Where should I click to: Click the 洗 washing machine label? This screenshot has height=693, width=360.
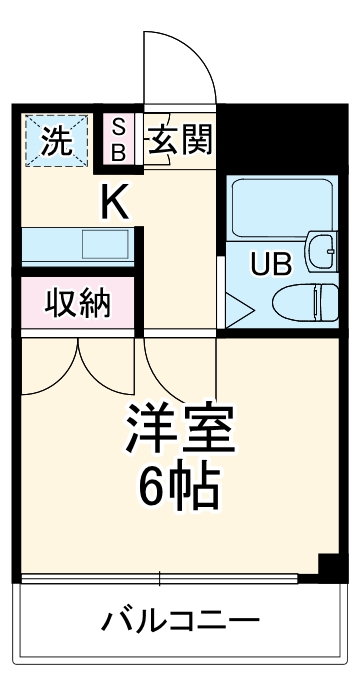point(57,141)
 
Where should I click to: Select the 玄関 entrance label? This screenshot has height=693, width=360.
point(181,139)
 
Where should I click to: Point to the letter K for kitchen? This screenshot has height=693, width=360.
point(113,203)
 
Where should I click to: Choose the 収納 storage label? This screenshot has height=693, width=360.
point(77,302)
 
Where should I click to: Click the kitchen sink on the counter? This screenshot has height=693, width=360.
point(103,244)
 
